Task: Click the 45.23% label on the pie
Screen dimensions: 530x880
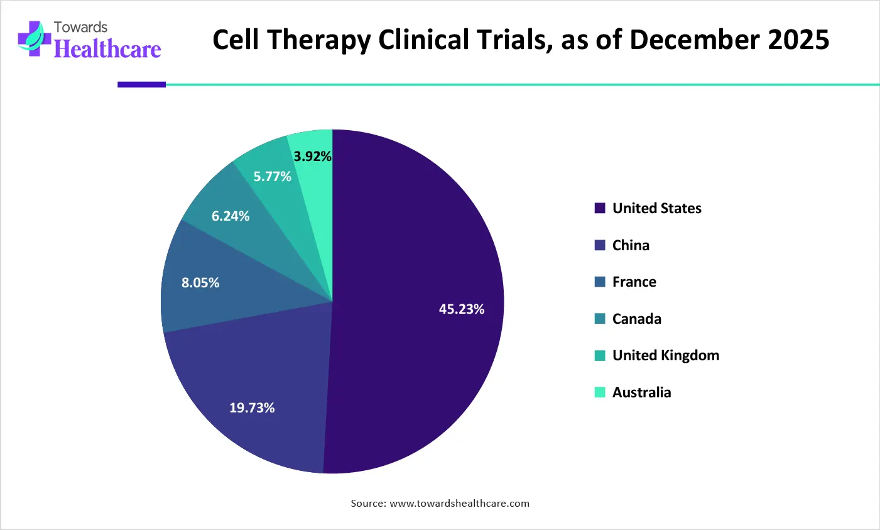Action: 462,309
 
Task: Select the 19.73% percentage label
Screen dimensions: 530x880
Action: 252,408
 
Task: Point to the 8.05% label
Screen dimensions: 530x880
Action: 200,283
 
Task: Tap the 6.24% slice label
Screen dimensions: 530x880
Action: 231,216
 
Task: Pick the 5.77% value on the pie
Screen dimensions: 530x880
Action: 273,177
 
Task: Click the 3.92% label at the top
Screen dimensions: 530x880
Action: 312,157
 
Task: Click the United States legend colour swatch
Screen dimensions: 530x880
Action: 600,208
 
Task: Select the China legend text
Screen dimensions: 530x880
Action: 631,245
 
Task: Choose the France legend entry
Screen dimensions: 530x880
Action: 634,282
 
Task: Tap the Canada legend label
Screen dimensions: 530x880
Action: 636,319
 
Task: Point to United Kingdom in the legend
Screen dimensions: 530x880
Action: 665,355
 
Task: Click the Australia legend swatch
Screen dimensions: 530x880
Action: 600,392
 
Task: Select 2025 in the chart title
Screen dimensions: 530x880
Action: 799,40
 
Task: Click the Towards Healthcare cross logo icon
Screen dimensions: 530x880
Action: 33,40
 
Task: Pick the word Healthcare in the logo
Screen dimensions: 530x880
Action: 107,49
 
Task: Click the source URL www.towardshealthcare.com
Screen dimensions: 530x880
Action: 459,504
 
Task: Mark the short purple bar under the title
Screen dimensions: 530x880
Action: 141,84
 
